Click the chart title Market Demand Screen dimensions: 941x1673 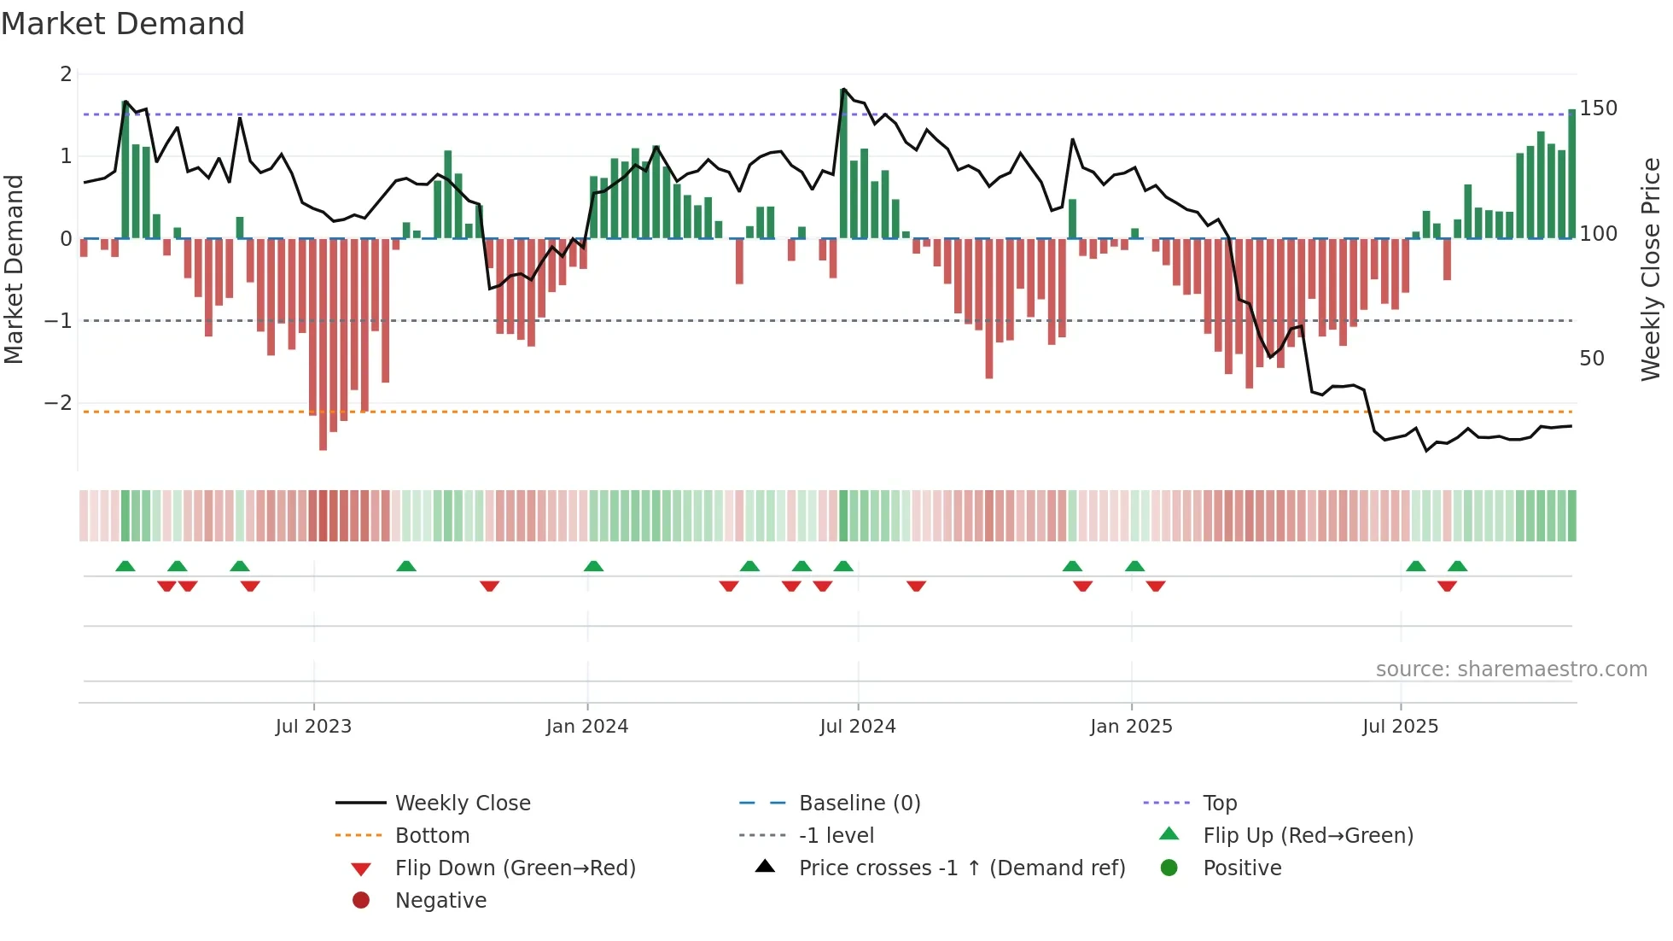(x=123, y=24)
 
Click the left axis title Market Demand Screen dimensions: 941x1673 (x=15, y=269)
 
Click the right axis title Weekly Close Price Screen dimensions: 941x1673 (x=1651, y=269)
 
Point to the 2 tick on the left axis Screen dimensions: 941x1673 (x=66, y=74)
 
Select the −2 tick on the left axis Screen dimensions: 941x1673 (x=59, y=402)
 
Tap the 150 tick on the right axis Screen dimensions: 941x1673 (x=1598, y=108)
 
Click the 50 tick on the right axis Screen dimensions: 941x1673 (x=1591, y=359)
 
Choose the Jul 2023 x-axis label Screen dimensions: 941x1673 (x=313, y=727)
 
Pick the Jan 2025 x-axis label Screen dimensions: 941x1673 (x=1131, y=727)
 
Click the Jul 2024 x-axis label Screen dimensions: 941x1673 (x=858, y=727)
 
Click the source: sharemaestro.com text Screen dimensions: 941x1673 (x=1511, y=669)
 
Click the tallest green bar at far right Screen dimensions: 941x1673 (x=1571, y=174)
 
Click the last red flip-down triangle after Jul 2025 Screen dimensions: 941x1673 (x=1447, y=586)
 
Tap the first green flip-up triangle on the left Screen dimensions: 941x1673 (x=125, y=566)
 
